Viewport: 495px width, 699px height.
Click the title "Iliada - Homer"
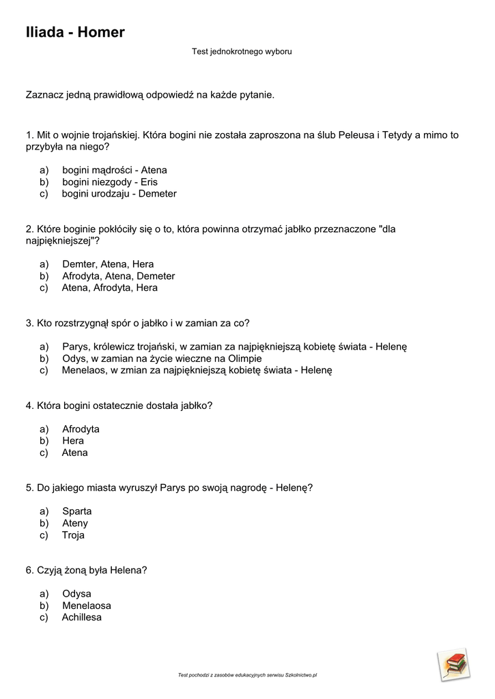pyautogui.click(x=75, y=32)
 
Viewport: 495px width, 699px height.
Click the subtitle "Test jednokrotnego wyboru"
pyautogui.click(x=242, y=51)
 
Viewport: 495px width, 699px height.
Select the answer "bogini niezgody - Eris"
pyautogui.click(x=109, y=182)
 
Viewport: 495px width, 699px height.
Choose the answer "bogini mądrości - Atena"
pyautogui.click(x=114, y=170)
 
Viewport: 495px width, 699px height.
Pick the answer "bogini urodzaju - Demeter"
pyautogui.click(x=119, y=194)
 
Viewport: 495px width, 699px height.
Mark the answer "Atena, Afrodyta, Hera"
pyautogui.click(x=109, y=288)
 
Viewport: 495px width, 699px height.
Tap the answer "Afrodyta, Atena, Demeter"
pyautogui.click(x=118, y=276)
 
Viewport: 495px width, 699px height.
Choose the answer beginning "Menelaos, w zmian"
pyautogui.click(x=196, y=371)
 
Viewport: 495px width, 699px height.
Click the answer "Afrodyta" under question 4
pyautogui.click(x=81, y=429)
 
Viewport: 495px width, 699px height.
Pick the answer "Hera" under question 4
pyautogui.click(x=73, y=441)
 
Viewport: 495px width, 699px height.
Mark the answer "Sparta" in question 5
pyautogui.click(x=76, y=511)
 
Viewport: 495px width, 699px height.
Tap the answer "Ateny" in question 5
pyautogui.click(x=75, y=524)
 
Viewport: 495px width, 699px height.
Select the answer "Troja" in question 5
pyautogui.click(x=73, y=535)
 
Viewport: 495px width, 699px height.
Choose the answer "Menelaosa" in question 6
pyautogui.click(x=86, y=605)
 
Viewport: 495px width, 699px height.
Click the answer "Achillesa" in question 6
pyautogui.click(x=81, y=618)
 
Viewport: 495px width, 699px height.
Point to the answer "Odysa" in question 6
pyautogui.click(x=76, y=594)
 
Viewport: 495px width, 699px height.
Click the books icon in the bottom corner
pyautogui.click(x=454, y=664)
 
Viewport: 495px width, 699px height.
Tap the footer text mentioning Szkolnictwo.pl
pyautogui.click(x=247, y=675)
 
